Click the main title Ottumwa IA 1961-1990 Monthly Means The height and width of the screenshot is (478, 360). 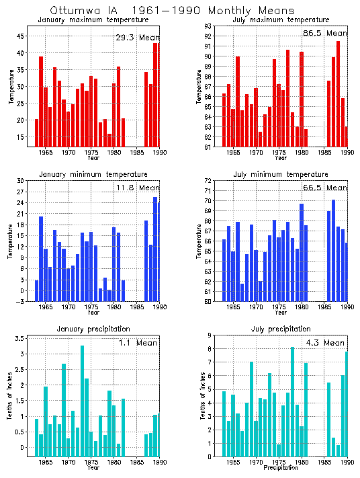(x=172, y=11)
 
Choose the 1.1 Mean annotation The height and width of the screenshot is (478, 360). (x=137, y=343)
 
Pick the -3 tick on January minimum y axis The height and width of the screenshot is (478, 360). (x=20, y=302)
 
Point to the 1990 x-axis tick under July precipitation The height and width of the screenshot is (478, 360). (x=346, y=463)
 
